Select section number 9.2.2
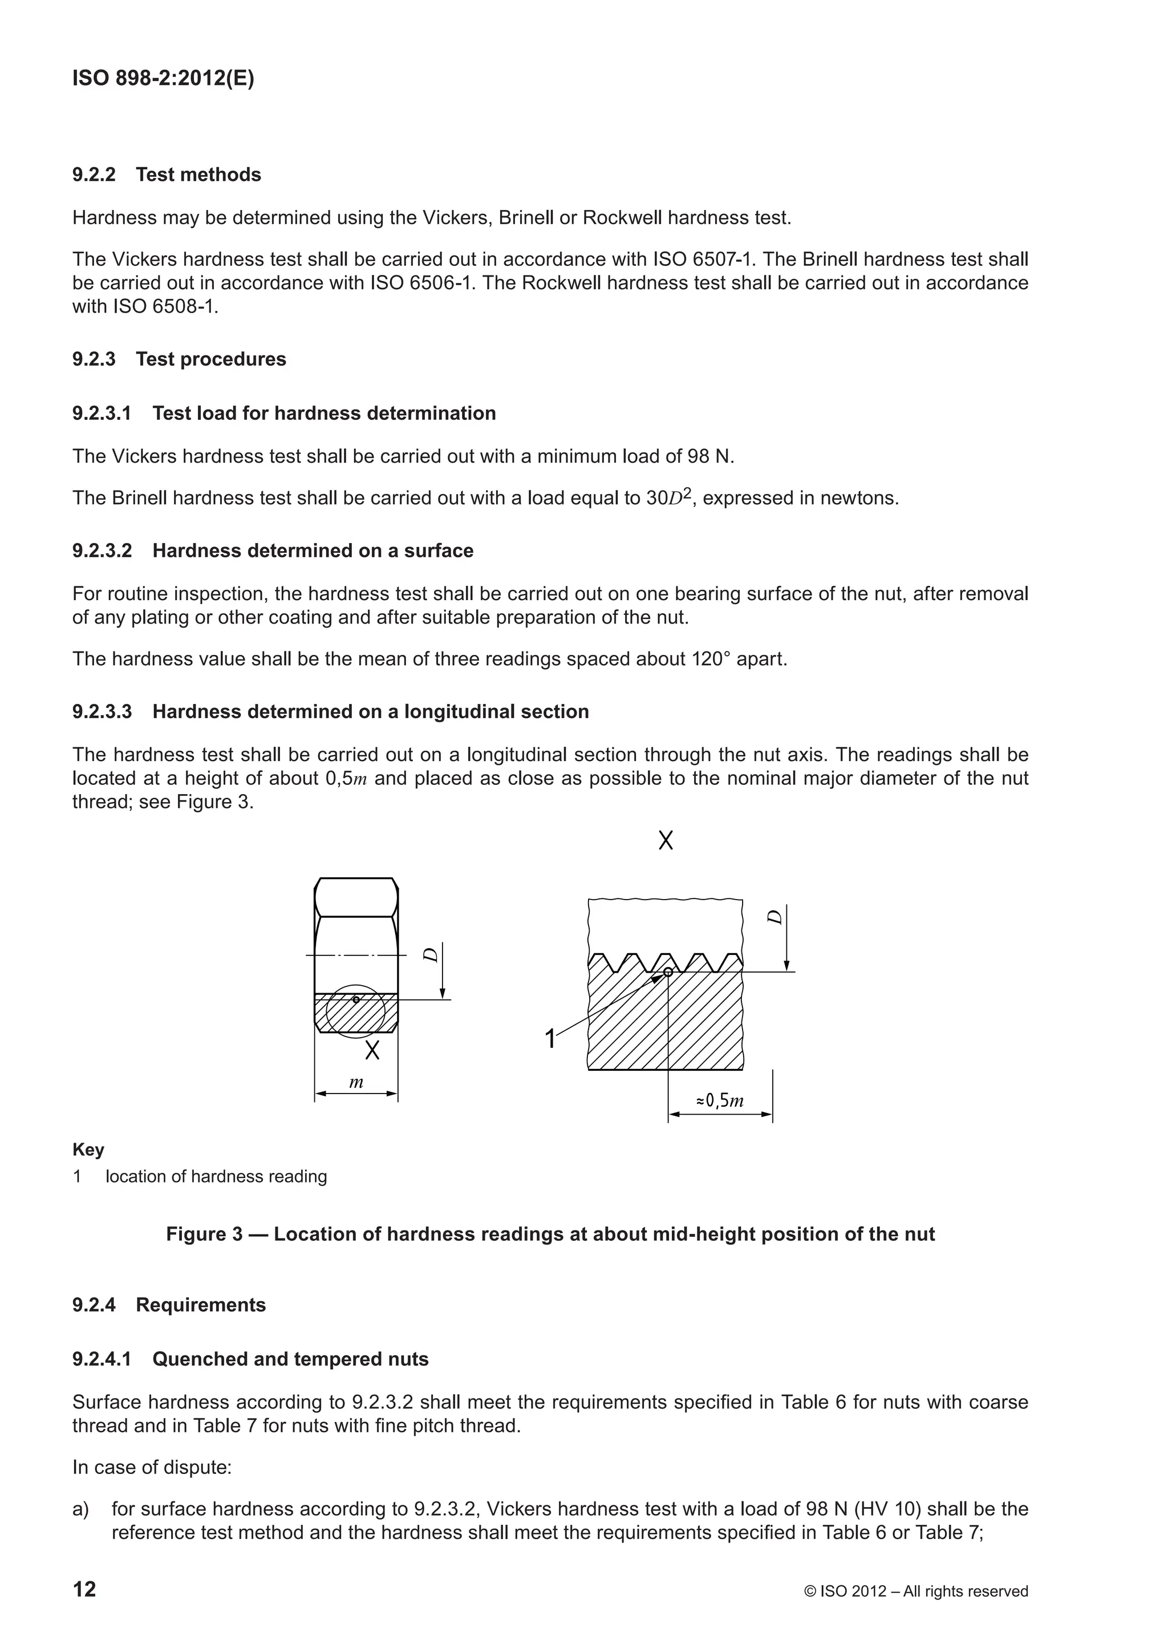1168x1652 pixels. [x=94, y=175]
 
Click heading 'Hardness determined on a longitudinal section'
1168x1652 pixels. [x=370, y=711]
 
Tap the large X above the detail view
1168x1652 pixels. [x=666, y=840]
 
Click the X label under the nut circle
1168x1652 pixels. [x=372, y=1051]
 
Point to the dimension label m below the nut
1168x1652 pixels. [x=355, y=1083]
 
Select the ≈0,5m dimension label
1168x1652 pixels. [x=719, y=1100]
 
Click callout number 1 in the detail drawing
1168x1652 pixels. [x=550, y=1039]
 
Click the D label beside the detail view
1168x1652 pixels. [x=774, y=917]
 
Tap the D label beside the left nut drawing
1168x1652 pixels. [x=430, y=955]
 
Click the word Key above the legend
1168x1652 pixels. [x=88, y=1150]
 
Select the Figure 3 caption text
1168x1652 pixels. [x=550, y=1234]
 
